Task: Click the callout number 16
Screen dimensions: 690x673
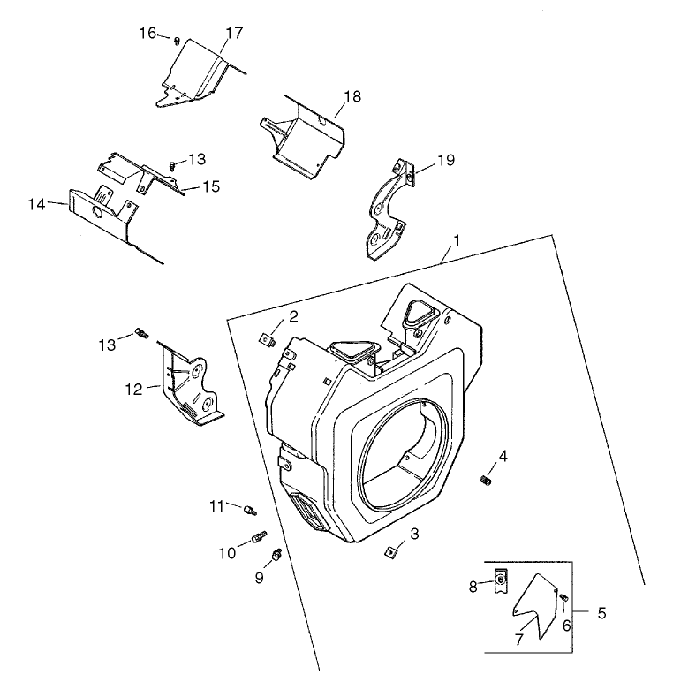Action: click(x=147, y=33)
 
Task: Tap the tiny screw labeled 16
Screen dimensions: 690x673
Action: click(x=178, y=40)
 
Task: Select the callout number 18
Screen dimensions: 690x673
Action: click(x=352, y=96)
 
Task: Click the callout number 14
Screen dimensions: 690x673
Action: click(x=36, y=204)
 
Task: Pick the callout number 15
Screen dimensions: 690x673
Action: click(x=210, y=186)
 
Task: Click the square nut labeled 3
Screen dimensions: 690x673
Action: click(x=389, y=552)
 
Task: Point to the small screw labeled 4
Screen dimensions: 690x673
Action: click(x=484, y=480)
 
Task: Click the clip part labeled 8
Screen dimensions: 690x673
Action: click(x=499, y=582)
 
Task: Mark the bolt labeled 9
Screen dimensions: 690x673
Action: click(x=278, y=555)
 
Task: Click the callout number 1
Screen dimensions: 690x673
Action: click(x=457, y=239)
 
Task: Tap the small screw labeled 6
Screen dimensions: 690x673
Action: click(x=563, y=600)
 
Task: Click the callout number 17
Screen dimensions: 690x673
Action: click(x=233, y=33)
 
